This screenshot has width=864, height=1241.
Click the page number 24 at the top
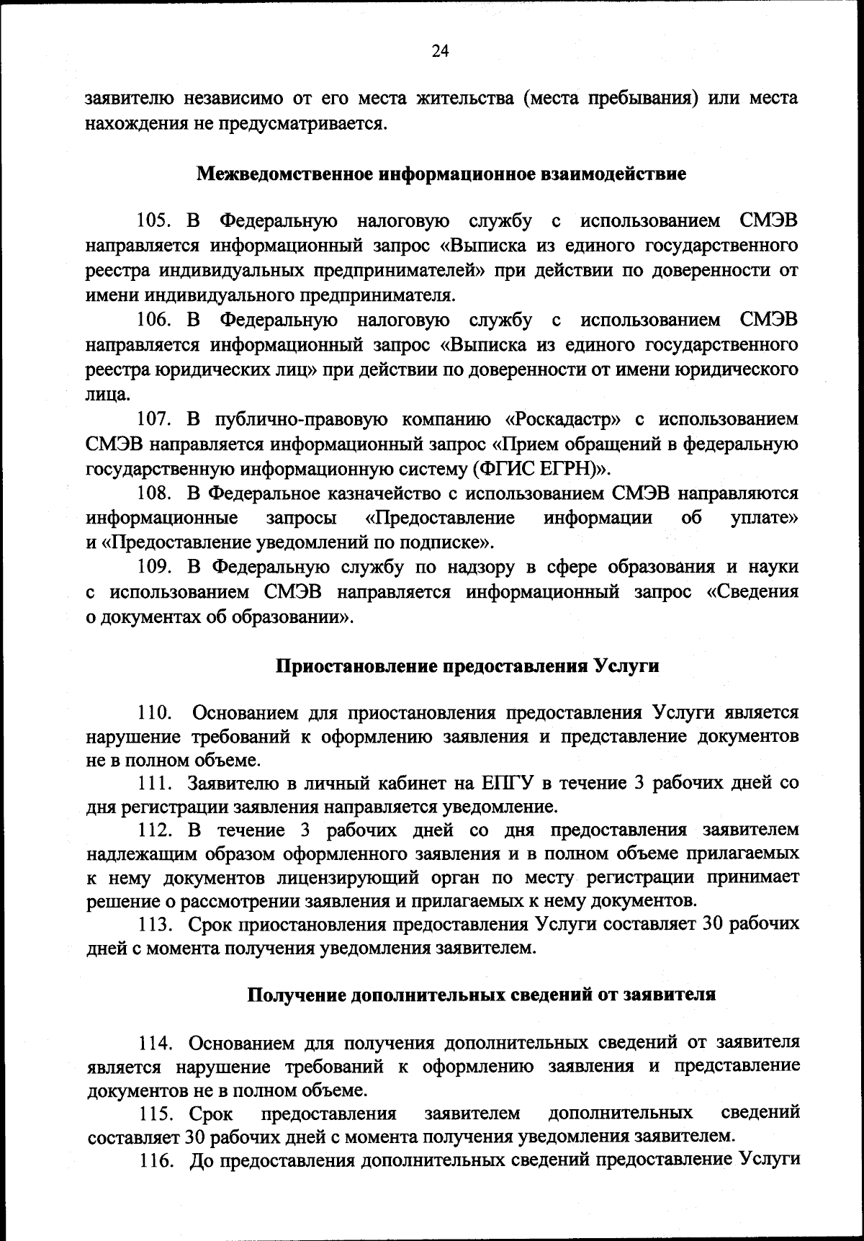pyautogui.click(x=440, y=50)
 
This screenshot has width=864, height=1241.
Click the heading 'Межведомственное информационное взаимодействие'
pyautogui.click(x=441, y=174)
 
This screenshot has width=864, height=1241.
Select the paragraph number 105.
pyautogui.click(x=158, y=222)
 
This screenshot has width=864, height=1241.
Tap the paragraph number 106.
pyautogui.click(x=158, y=320)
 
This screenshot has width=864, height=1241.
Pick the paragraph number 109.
pyautogui.click(x=158, y=568)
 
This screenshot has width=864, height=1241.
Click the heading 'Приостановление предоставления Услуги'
pyautogui.click(x=468, y=666)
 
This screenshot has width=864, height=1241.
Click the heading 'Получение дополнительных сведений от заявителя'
pyautogui.click(x=481, y=995)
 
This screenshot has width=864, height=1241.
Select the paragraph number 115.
pyautogui.click(x=158, y=1114)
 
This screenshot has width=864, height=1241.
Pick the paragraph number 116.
pyautogui.click(x=158, y=1160)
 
